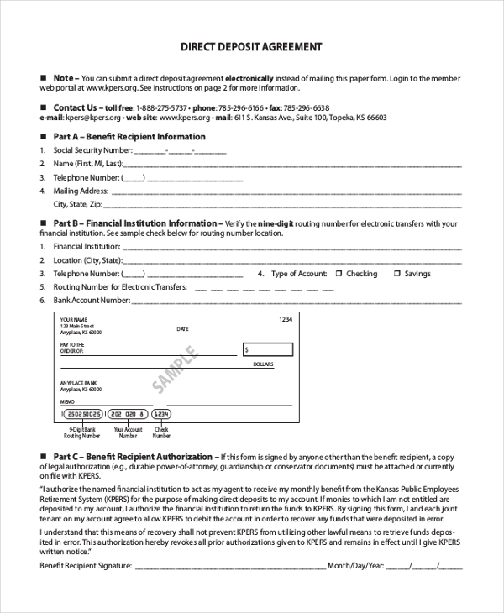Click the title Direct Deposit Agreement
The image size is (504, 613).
pos(251,47)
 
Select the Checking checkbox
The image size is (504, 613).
pos(339,274)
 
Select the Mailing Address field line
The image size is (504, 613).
pos(286,192)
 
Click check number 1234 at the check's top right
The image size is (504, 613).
pos(286,320)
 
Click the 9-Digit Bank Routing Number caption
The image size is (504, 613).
pos(82,433)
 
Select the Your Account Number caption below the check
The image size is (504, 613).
pos(128,433)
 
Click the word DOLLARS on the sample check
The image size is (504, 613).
pos(263,364)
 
